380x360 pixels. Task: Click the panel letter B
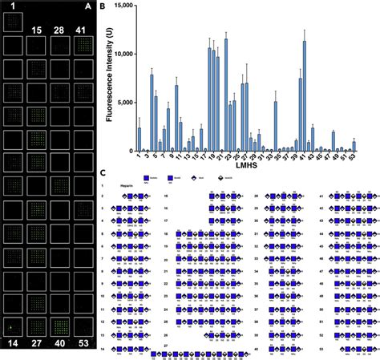point(102,6)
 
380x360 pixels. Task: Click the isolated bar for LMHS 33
point(275,126)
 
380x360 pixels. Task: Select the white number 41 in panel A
point(80,30)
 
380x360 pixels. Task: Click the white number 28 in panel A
point(58,30)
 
